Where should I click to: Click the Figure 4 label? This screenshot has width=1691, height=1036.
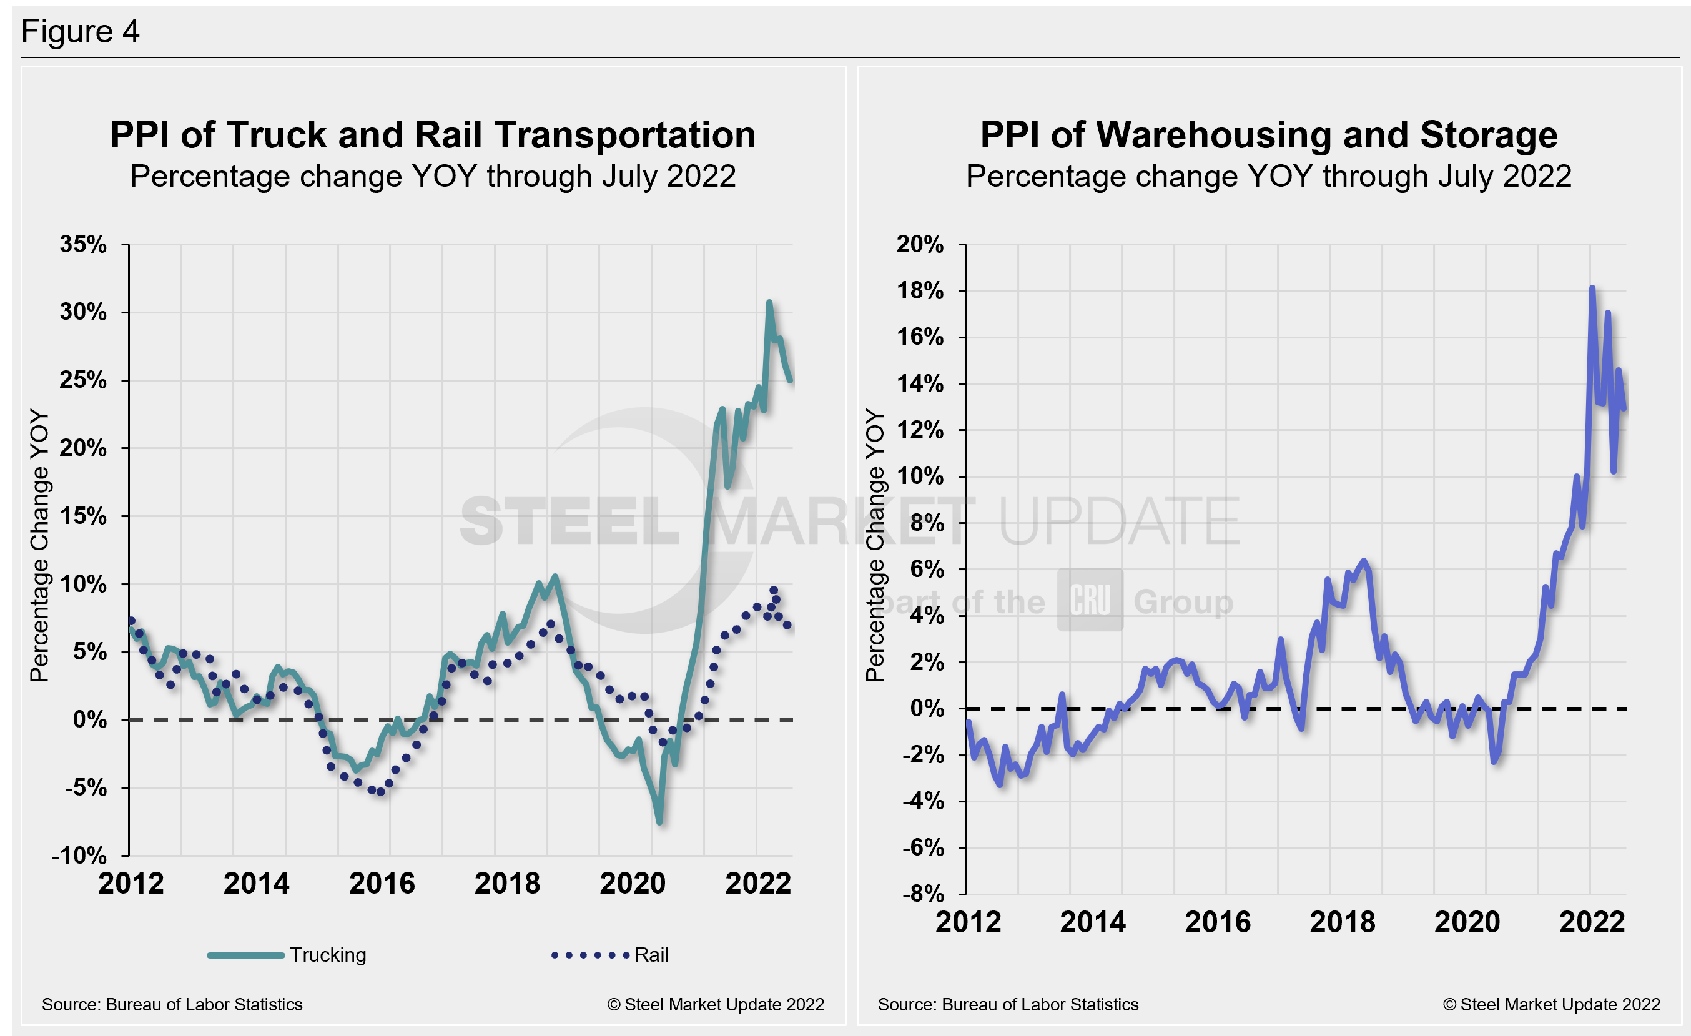[81, 32]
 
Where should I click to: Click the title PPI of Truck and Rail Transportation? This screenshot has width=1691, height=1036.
[432, 134]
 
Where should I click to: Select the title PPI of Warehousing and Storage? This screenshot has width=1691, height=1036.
[1268, 134]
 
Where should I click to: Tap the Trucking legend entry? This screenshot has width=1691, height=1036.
[288, 954]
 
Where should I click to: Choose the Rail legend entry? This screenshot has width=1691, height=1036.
[610, 954]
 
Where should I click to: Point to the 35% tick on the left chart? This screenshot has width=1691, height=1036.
[83, 244]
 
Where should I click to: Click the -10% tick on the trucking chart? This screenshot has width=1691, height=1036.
[79, 856]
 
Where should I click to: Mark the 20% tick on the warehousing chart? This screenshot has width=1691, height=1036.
[920, 244]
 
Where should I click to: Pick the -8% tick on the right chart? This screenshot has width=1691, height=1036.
[923, 894]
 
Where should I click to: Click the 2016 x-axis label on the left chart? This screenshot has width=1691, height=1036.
[382, 884]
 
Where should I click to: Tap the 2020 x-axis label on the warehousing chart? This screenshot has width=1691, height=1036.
[1467, 922]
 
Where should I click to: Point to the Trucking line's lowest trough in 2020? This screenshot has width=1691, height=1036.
[659, 821]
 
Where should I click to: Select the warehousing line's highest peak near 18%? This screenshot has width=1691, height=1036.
[1592, 288]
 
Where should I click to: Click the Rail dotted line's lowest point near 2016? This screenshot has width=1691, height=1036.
[381, 792]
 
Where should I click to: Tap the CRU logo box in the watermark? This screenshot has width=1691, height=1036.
[1090, 599]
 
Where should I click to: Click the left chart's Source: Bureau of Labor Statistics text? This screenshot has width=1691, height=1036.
[172, 1004]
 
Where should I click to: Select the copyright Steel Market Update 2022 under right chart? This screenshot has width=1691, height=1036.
[1551, 1004]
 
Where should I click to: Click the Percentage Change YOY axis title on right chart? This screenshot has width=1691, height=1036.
[875, 545]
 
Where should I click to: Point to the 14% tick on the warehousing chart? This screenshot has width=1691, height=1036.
[920, 383]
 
